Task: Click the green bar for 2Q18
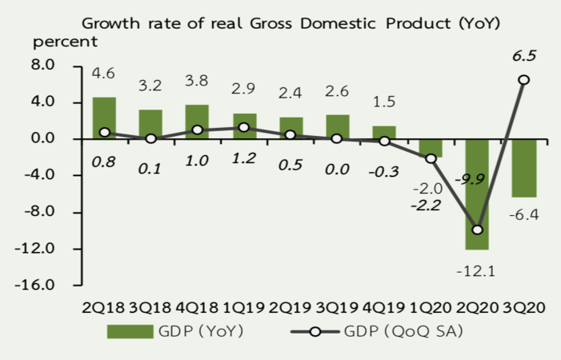click(104, 118)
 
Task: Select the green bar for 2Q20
click(478, 194)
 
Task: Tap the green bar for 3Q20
click(524, 167)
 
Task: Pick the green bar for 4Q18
click(198, 122)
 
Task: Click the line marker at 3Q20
click(523, 79)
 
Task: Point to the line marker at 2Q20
click(478, 230)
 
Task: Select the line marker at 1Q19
click(244, 127)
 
